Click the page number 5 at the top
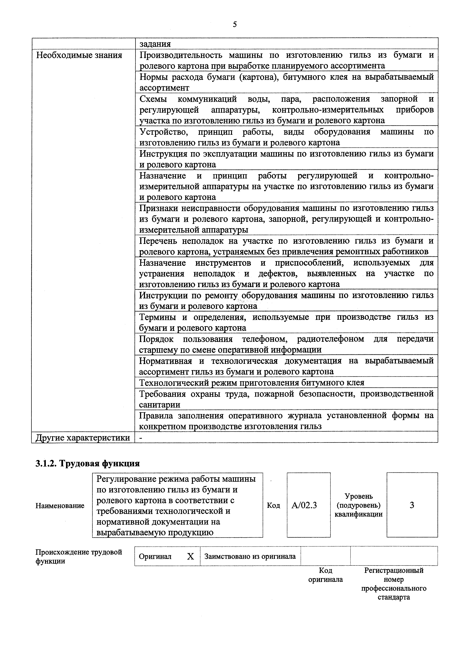235,25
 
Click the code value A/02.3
304,505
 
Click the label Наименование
60,506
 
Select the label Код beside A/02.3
273,505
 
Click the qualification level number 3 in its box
412,505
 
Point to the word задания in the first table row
155,44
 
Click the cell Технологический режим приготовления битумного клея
252,383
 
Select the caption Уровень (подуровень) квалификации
358,505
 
